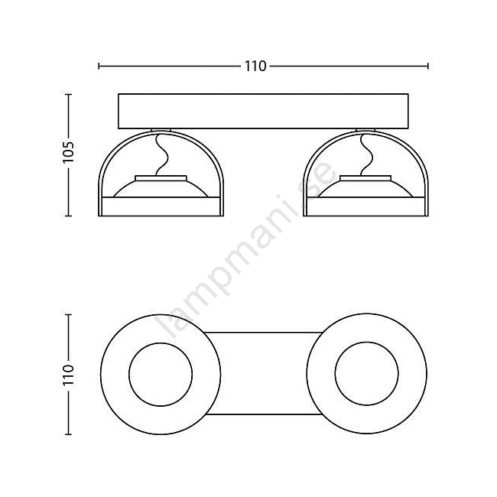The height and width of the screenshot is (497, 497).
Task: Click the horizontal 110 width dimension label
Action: [x=255, y=67]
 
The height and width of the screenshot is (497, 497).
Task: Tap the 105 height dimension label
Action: [x=68, y=152]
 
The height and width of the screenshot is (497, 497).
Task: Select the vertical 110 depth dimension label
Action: [x=68, y=375]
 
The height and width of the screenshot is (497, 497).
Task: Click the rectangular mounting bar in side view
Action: [x=263, y=112]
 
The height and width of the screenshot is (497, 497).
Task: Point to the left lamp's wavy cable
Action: [x=162, y=154]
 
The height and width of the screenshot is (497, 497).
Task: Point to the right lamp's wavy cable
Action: [x=367, y=154]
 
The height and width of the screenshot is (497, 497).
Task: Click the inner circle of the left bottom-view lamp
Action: [x=161, y=343]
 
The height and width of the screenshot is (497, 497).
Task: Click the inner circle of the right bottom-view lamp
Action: [x=367, y=342]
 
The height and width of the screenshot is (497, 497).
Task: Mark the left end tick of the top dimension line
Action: [x=99, y=67]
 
